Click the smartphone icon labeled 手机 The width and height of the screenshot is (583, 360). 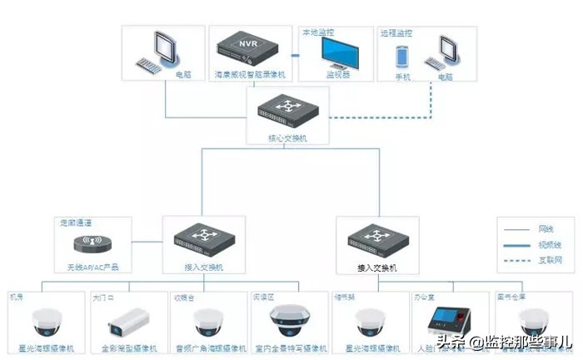[402, 57]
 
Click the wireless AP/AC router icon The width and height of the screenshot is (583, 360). [92, 242]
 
